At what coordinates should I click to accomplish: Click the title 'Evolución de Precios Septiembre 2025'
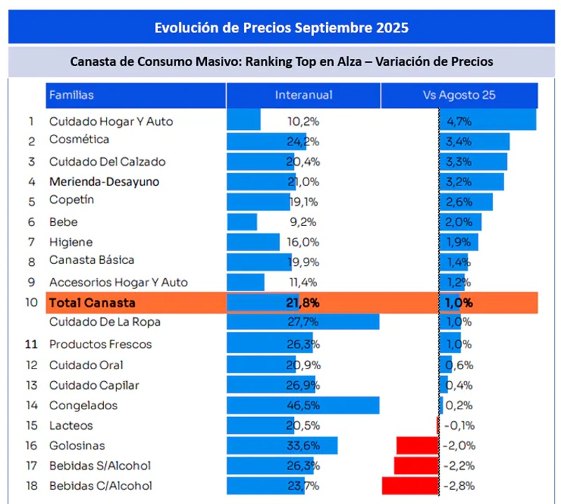pos(280,28)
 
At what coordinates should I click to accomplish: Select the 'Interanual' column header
pos(304,95)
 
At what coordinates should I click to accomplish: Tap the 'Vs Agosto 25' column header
pos(459,95)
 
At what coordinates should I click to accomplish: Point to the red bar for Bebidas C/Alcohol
pos(410,486)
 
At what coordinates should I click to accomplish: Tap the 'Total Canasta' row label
pos(91,303)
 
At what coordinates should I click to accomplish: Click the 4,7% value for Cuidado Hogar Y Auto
pos(459,121)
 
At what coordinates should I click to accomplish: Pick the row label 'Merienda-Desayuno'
pos(104,182)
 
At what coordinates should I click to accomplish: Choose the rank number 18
pos(31,486)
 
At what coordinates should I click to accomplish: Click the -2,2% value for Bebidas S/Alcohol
pos(459,466)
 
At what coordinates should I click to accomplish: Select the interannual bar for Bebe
pos(243,222)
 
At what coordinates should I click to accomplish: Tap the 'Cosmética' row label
pos(79,140)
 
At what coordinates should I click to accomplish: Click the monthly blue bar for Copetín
pos(466,202)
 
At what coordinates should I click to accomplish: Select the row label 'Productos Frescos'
pos(100,345)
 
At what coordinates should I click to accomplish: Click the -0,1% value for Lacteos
pos(459,425)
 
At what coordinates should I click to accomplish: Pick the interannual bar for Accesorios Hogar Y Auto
pos(246,282)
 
